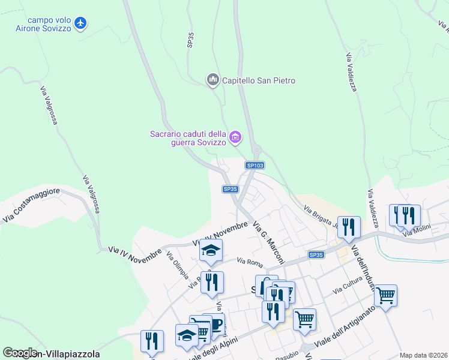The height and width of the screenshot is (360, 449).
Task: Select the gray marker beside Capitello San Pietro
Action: (x=212, y=80)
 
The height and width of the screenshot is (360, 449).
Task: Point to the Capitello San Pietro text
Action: (x=259, y=80)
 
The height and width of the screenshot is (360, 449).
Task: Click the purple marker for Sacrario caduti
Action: (x=235, y=137)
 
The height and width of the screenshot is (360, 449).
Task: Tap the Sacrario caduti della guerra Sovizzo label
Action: (x=188, y=138)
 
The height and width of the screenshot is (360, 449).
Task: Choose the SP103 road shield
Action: (x=255, y=165)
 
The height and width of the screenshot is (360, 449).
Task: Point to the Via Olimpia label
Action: (x=177, y=265)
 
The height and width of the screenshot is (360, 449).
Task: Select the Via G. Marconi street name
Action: (x=268, y=235)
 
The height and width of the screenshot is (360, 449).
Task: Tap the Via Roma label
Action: (x=250, y=262)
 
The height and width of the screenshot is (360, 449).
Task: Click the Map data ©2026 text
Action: (x=423, y=355)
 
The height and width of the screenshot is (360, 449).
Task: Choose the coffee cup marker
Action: (x=214, y=324)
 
